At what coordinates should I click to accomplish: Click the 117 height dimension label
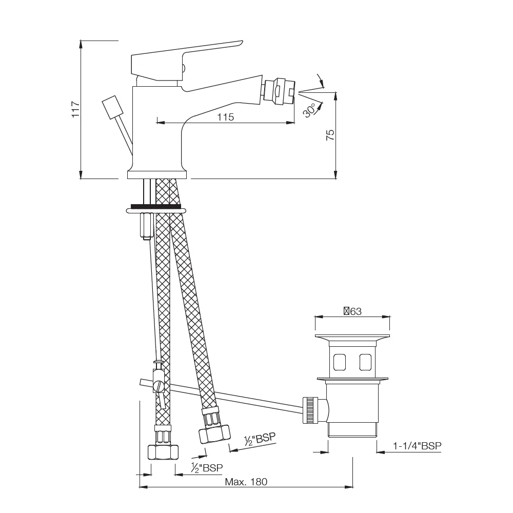coord(75,109)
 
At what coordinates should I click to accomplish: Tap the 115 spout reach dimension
coord(225,117)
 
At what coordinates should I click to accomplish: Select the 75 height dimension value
coord(330,135)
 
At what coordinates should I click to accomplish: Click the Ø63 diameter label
coord(352,311)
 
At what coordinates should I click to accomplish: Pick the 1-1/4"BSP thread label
coord(417,446)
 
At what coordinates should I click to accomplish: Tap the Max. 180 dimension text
coord(246,482)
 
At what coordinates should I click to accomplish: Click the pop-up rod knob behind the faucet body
coord(113,106)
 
